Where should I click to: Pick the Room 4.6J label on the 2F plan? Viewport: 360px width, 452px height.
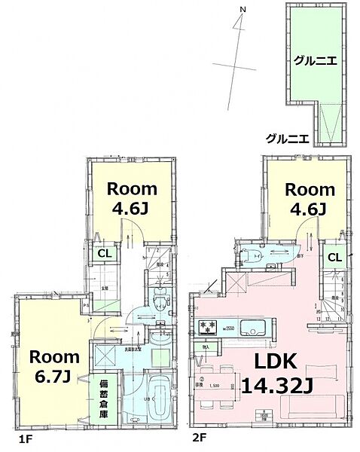309,198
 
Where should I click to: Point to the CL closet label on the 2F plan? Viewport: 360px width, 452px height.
334,258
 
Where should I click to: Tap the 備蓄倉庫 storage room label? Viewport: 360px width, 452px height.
103,400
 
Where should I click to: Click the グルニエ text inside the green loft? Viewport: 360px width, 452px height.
315,61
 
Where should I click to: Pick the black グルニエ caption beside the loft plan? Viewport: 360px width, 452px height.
288,138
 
